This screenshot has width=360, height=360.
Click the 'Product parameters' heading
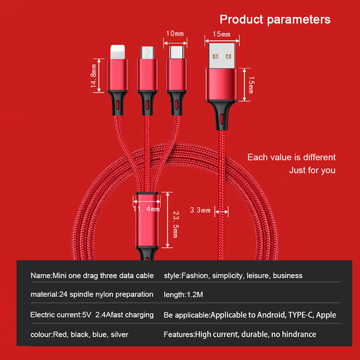click(x=275, y=20)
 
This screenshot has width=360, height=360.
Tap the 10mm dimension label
click(x=175, y=34)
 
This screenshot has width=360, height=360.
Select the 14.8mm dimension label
click(x=94, y=76)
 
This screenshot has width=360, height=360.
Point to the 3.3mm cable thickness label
click(x=200, y=210)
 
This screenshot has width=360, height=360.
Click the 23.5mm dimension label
click(x=176, y=224)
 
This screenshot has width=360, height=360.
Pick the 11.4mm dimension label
click(x=147, y=209)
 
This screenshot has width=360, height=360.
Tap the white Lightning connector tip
click(x=117, y=51)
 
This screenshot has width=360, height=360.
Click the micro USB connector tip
click(x=148, y=53)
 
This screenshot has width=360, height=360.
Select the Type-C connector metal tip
click(x=176, y=52)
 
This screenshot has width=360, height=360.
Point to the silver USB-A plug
click(x=222, y=55)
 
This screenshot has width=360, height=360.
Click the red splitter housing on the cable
click(x=147, y=220)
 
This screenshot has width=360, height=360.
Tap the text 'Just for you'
click(x=312, y=171)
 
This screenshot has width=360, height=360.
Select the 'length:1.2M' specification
click(x=183, y=295)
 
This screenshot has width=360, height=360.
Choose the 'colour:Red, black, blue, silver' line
click(x=79, y=334)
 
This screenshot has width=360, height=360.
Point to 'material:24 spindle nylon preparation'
click(x=92, y=295)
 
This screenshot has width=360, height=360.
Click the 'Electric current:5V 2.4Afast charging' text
click(x=92, y=315)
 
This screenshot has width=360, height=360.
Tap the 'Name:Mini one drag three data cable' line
click(x=92, y=275)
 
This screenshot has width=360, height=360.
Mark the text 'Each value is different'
click(x=291, y=157)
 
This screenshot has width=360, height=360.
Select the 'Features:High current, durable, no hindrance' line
click(x=240, y=334)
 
